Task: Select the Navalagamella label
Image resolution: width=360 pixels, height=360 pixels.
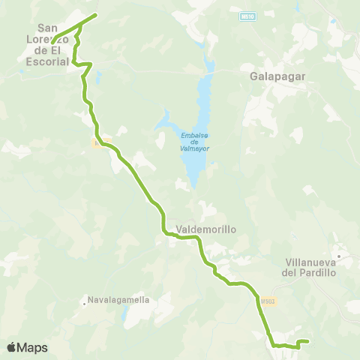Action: pos(119,300)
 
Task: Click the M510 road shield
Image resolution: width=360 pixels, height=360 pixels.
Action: pos(248,15)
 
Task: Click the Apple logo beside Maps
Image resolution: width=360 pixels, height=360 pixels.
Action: pos(13,347)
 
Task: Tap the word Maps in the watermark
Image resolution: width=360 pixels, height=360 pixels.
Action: pos(32,347)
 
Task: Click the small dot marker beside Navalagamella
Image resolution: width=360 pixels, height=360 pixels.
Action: pos(84,304)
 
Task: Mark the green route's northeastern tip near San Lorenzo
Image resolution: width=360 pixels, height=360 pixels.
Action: pos(96,15)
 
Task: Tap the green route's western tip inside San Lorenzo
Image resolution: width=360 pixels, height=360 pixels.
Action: pos(53,40)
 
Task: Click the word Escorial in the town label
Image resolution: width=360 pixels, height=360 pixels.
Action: pos(48,61)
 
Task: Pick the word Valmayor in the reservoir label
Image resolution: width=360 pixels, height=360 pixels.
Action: pos(194,148)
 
